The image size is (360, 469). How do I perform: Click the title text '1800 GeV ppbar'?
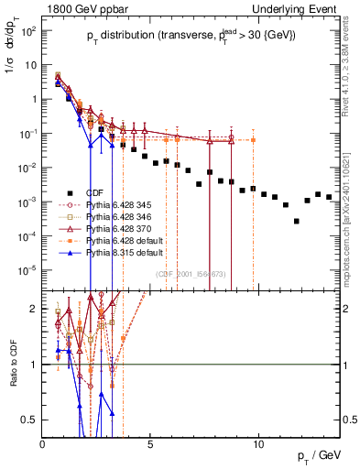[x=76, y=8]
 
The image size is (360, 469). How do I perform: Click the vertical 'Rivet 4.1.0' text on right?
[x=352, y=64]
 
